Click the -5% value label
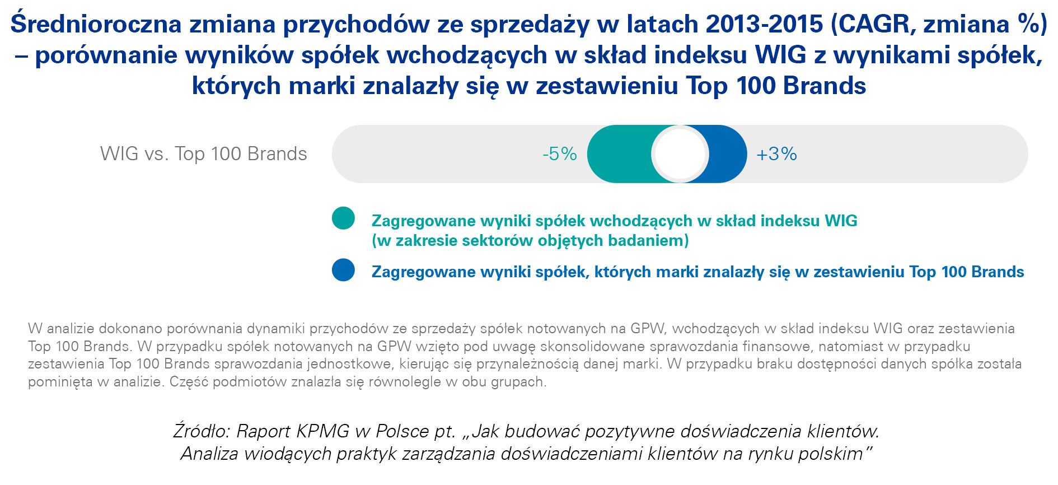559,154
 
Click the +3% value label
776,154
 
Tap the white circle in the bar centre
680,154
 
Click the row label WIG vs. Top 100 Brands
203,154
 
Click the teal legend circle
343,218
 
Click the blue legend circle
343,270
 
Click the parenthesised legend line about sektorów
530,241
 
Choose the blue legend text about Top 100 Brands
697,272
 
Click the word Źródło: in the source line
202,431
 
